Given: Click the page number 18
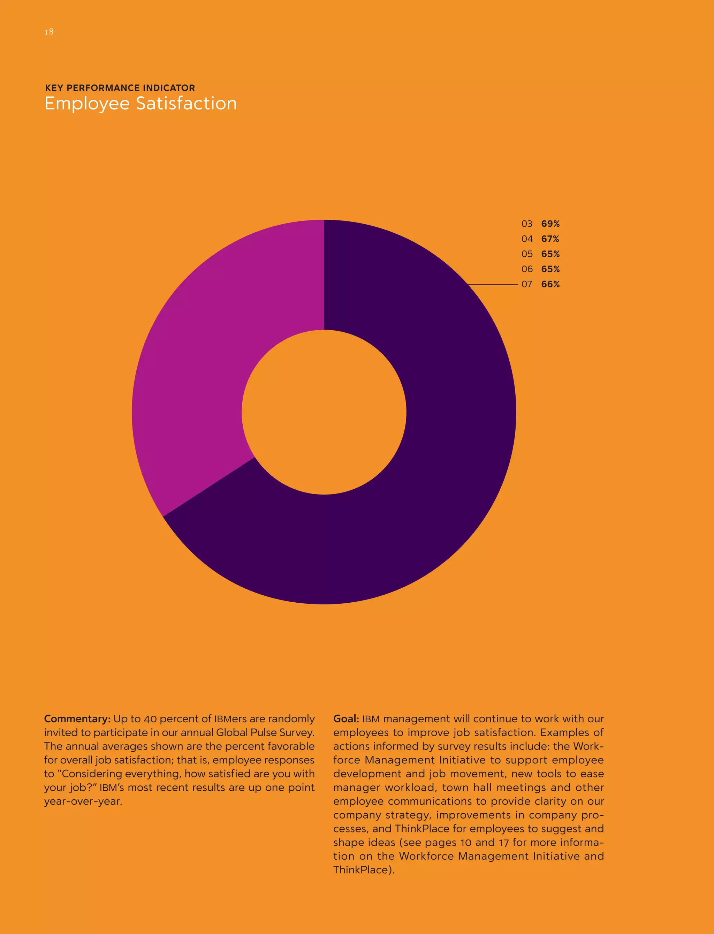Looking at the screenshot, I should coord(49,32).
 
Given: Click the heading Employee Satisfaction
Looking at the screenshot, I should coord(140,104).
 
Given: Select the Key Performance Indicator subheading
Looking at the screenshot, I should coord(120,88).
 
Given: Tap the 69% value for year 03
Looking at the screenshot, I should coord(550,224).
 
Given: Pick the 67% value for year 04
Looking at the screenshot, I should coord(550,239).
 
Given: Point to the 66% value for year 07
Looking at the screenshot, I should coord(550,284).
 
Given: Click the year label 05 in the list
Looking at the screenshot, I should coord(527,254).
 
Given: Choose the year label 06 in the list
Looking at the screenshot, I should coord(527,269).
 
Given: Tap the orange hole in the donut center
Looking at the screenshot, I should coord(324,412).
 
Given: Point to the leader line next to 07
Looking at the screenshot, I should coord(493,284).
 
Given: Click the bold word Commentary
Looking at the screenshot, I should coord(77,719).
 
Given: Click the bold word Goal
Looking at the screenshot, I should coord(346,719).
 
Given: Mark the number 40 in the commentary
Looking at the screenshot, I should coord(150,719).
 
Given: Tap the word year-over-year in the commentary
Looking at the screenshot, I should coord(83,801).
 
